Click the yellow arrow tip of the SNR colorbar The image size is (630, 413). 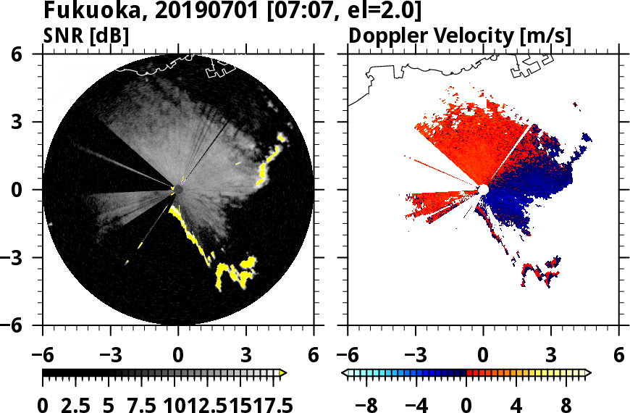(283, 372)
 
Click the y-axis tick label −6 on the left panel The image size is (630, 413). (23, 325)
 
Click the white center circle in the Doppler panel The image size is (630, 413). (483, 190)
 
